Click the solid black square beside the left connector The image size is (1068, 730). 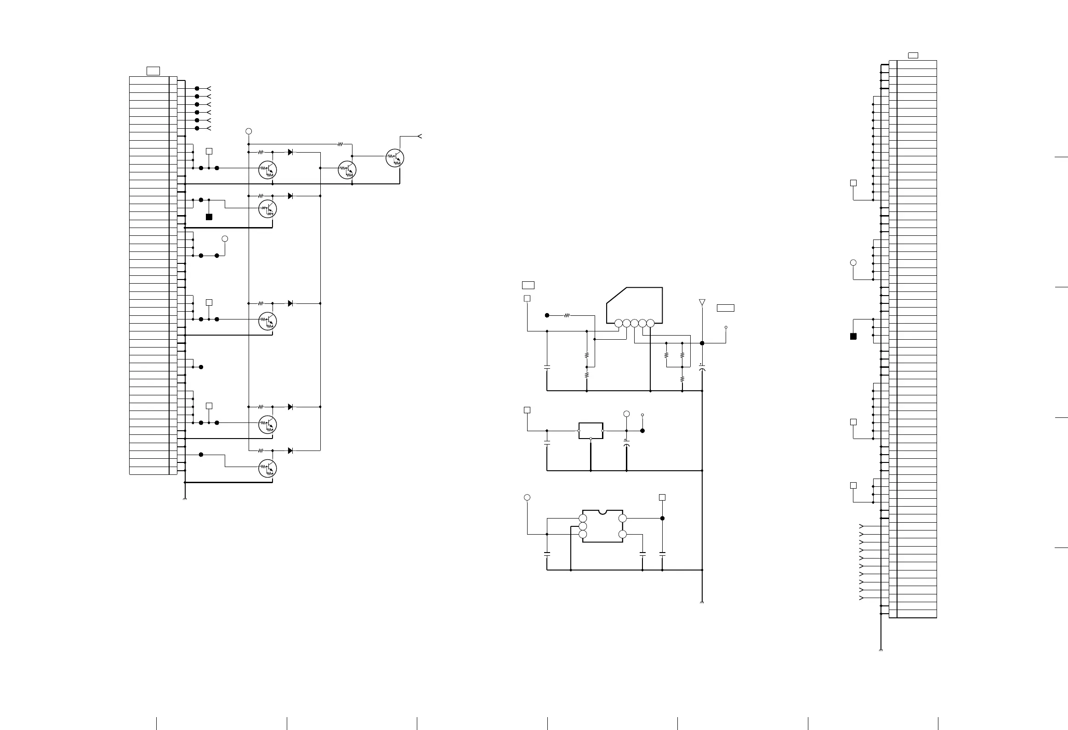tap(209, 217)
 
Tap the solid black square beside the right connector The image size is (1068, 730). tap(853, 336)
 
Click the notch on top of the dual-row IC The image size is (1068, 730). tap(602, 511)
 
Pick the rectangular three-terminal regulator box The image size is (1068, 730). tap(591, 431)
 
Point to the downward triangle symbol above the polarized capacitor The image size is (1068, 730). tap(702, 302)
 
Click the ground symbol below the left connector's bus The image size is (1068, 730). tap(185, 499)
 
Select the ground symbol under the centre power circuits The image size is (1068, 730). tap(702, 602)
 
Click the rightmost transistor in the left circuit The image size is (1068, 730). tap(394, 158)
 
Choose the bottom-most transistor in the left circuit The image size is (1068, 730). tap(267, 468)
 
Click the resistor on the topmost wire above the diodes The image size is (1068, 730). tap(341, 144)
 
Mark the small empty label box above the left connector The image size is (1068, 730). tap(153, 71)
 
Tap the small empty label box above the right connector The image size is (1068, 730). tap(913, 56)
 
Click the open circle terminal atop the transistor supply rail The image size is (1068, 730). tap(249, 131)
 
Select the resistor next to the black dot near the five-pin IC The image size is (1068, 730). tap(567, 315)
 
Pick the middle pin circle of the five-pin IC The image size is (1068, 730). tap(634, 323)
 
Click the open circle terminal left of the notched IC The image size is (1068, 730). tap(527, 497)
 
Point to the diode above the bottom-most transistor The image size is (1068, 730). tap(290, 451)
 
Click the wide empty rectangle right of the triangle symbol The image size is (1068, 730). tap(725, 308)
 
